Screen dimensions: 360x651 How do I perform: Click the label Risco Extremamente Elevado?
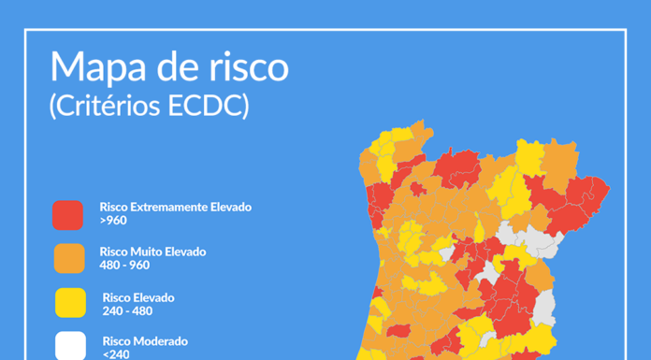click(x=175, y=207)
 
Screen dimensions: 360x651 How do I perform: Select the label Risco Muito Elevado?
click(x=152, y=252)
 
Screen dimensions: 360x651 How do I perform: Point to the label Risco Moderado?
click(x=145, y=341)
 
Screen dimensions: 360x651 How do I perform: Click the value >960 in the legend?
click(x=112, y=221)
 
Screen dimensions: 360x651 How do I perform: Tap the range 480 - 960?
click(x=123, y=266)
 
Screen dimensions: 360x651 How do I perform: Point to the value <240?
click(x=116, y=354)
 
